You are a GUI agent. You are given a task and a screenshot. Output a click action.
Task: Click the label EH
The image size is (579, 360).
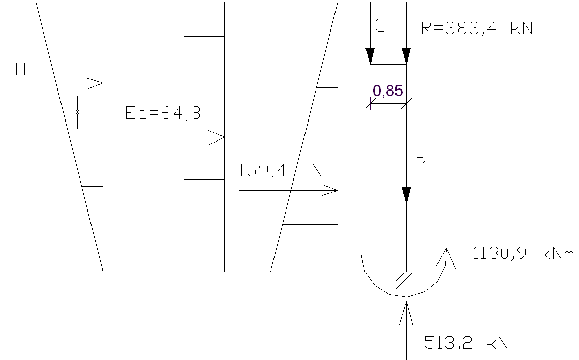pyautogui.click(x=15, y=69)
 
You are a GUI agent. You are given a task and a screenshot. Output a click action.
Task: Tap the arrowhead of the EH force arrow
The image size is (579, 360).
pyautogui.click(x=98, y=83)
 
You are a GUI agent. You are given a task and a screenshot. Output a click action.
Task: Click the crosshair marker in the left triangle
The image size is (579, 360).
pyautogui.click(x=77, y=112)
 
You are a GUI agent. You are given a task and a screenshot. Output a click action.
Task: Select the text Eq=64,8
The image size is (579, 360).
pyautogui.click(x=163, y=113)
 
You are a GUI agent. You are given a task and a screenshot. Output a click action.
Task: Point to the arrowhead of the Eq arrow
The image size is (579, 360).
pyautogui.click(x=219, y=137)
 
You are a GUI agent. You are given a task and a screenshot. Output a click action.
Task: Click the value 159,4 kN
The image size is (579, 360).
pyautogui.click(x=280, y=170)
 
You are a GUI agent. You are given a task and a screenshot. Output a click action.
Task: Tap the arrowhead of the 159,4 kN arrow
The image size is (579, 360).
pyautogui.click(x=332, y=191)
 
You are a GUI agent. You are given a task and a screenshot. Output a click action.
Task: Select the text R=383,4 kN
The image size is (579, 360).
pyautogui.click(x=477, y=28)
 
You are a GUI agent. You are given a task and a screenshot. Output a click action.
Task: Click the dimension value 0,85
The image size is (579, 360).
pyautogui.click(x=388, y=91)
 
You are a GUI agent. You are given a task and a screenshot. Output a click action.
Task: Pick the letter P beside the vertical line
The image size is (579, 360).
pyautogui.click(x=420, y=164)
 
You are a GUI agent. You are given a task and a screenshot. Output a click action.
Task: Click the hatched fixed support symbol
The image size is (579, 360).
pyautogui.click(x=407, y=280)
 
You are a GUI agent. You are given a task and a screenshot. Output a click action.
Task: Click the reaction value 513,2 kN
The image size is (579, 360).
pyautogui.click(x=466, y=343)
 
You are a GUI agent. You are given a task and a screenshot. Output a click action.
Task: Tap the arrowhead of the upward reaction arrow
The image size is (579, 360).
pyautogui.click(x=406, y=307)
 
